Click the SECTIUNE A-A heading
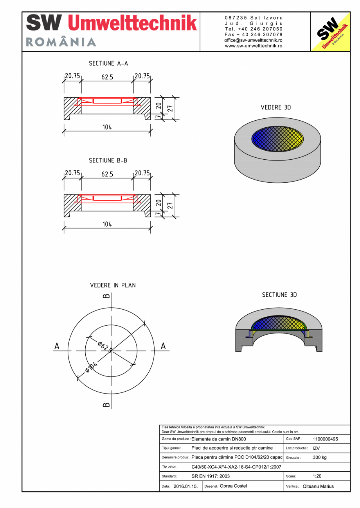click(108, 63)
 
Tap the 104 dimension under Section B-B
click(107, 224)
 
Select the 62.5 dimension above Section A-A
click(107, 77)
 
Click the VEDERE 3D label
click(276, 107)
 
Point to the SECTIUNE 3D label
click(279, 295)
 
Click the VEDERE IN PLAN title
click(113, 285)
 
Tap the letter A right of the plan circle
click(163, 346)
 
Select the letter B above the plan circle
click(106, 296)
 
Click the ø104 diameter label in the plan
click(90, 368)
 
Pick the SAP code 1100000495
click(326, 439)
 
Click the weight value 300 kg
click(320, 457)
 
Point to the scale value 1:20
click(317, 476)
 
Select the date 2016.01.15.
click(185, 487)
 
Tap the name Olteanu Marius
click(318, 487)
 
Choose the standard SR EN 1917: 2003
click(211, 476)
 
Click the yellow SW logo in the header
click(330, 32)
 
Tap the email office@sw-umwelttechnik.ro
click(254, 40)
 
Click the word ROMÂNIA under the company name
click(61, 42)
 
